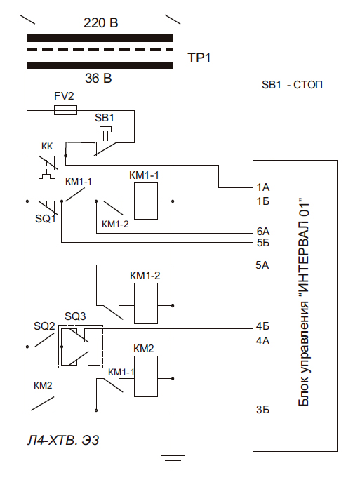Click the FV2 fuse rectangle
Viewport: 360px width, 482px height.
tap(65, 110)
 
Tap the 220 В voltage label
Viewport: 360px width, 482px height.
tap(100, 23)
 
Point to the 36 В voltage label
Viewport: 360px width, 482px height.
tap(98, 79)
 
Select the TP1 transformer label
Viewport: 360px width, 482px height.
tap(199, 58)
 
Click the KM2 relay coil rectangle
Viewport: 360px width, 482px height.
tap(146, 376)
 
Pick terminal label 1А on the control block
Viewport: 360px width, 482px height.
tap(263, 187)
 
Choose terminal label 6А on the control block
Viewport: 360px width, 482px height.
tap(263, 231)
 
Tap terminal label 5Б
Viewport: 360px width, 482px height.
tap(263, 243)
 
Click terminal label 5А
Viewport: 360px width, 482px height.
tap(262, 265)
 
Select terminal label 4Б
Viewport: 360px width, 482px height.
tap(262, 326)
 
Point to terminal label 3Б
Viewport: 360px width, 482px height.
tap(262, 410)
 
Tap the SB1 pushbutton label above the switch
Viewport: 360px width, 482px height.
tap(105, 118)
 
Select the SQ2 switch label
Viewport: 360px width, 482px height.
tap(44, 326)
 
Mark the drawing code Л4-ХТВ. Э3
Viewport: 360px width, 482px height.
tap(63, 441)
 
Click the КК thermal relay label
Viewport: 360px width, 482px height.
tap(47, 147)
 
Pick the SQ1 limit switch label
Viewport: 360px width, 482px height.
tap(46, 219)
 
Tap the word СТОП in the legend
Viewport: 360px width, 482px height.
tap(308, 85)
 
